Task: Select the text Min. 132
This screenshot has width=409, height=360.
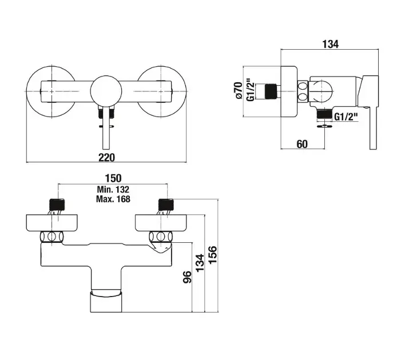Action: pyautogui.click(x=114, y=189)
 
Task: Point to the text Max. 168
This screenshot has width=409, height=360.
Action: pyautogui.click(x=114, y=199)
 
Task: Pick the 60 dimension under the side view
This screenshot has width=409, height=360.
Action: pyautogui.click(x=301, y=143)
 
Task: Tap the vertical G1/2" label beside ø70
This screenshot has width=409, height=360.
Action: pyautogui.click(x=249, y=90)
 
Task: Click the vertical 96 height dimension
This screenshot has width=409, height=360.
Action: pyautogui.click(x=186, y=280)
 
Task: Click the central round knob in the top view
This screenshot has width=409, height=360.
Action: pyautogui.click(x=106, y=89)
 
